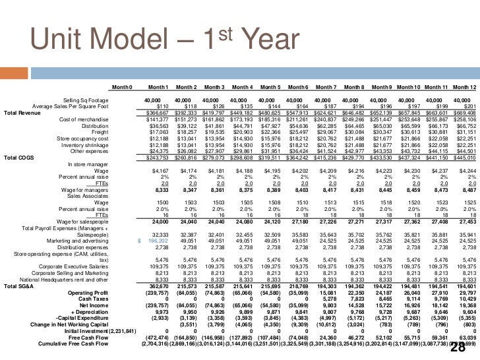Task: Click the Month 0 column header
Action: (x=122, y=88)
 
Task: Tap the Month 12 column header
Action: (x=464, y=88)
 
